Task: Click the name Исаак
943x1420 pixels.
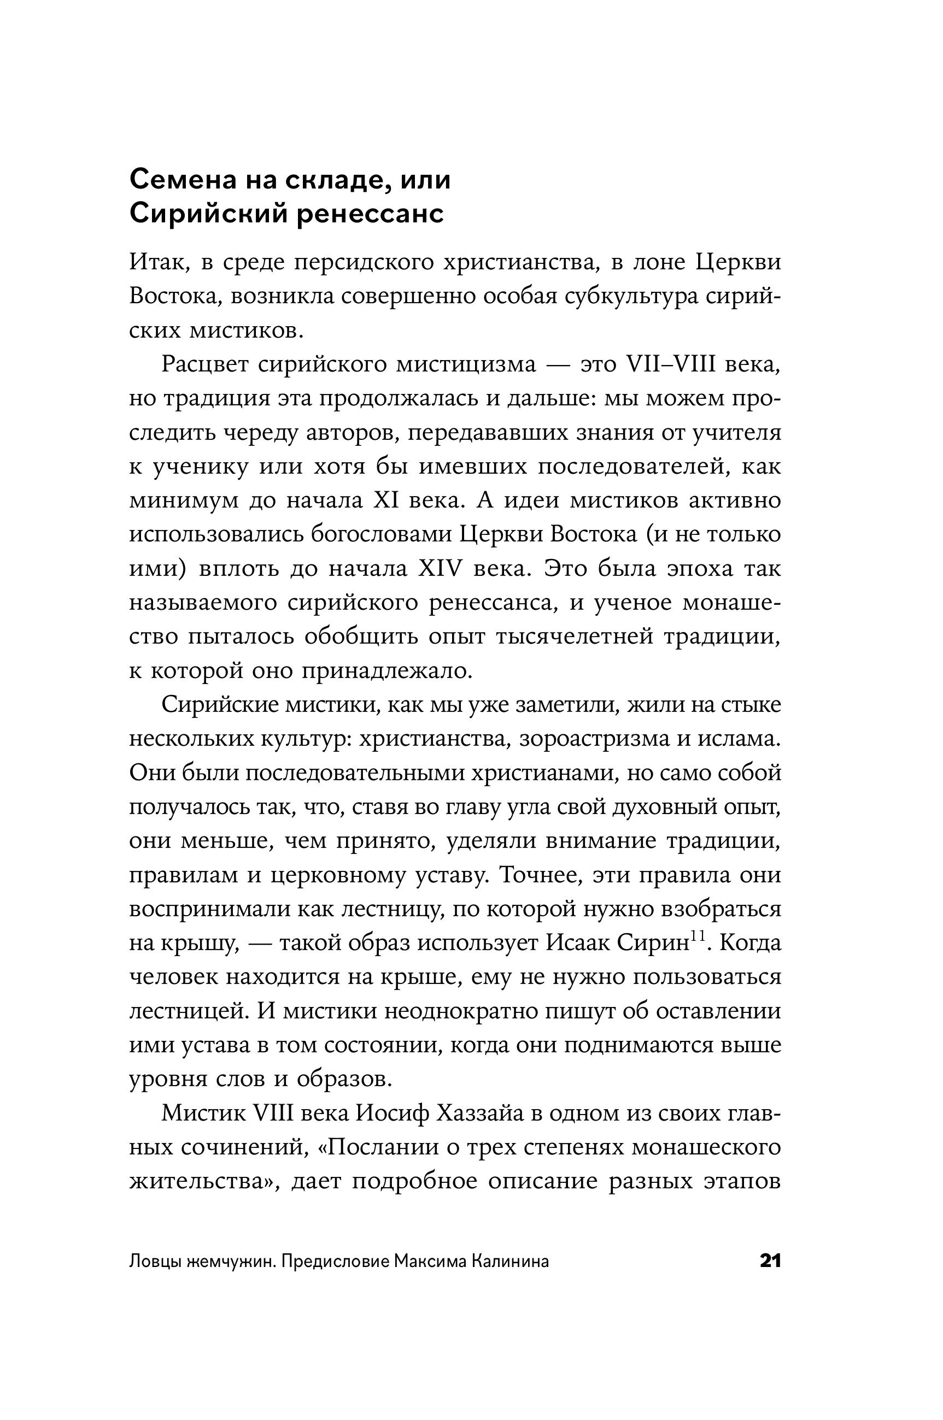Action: pos(577,944)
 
